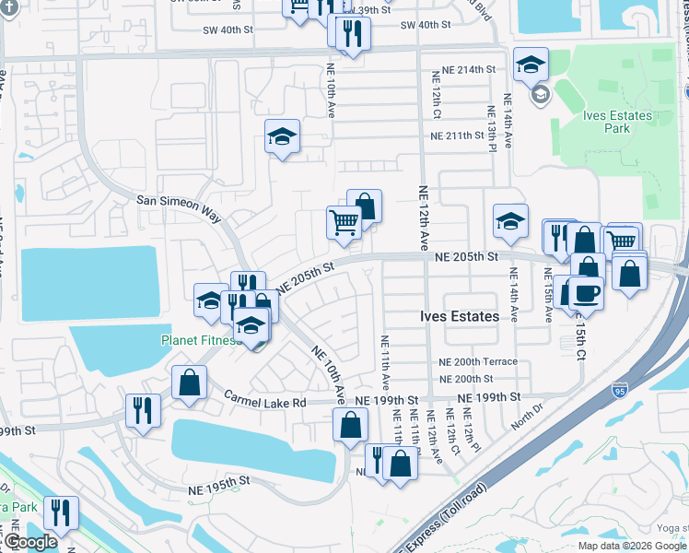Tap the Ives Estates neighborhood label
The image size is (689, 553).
point(461,316)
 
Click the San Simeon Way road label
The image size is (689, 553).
point(179,207)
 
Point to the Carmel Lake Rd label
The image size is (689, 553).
point(264,399)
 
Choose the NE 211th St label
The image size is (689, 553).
point(457,136)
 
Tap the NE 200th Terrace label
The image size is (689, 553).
point(478,362)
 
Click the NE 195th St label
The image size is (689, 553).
point(218,481)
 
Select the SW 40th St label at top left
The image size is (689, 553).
point(228,30)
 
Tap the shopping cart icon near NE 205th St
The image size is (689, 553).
point(344,221)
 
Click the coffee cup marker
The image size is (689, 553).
point(585,292)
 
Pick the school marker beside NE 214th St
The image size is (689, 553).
point(530,65)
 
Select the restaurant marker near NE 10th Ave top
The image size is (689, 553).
point(350,33)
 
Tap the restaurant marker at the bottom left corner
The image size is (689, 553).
point(61,512)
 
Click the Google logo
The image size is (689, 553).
point(30,542)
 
